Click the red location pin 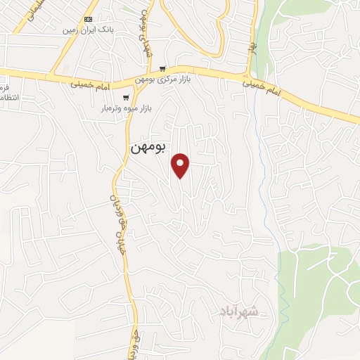point(181,165)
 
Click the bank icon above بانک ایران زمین point(88,19)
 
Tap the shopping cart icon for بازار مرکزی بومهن point(163,69)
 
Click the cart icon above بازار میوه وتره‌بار point(126,98)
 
